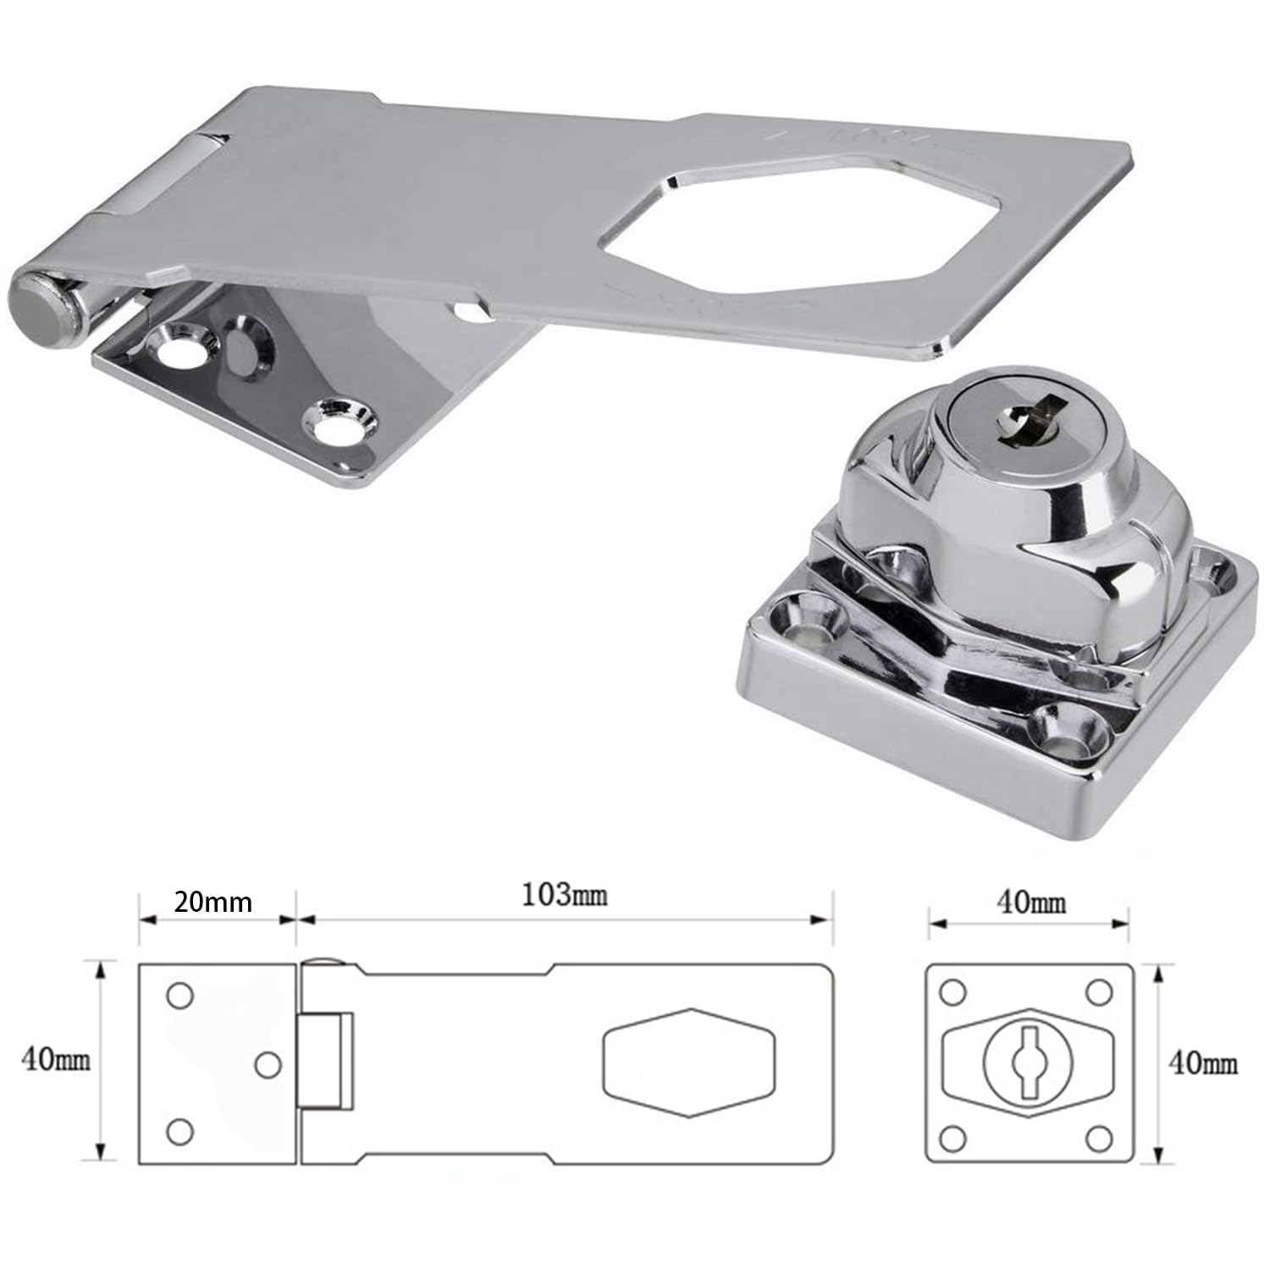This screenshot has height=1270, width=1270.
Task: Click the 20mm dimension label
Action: point(213,903)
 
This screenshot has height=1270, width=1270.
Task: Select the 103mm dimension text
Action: point(564,895)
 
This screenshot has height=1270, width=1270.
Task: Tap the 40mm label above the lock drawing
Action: point(1030,903)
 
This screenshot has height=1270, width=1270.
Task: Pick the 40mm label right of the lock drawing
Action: point(1202,1063)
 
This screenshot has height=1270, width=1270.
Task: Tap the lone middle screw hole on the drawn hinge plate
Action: point(268,1065)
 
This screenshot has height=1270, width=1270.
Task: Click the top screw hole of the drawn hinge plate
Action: point(179,997)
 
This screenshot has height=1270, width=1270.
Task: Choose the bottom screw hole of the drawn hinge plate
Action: point(179,1131)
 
